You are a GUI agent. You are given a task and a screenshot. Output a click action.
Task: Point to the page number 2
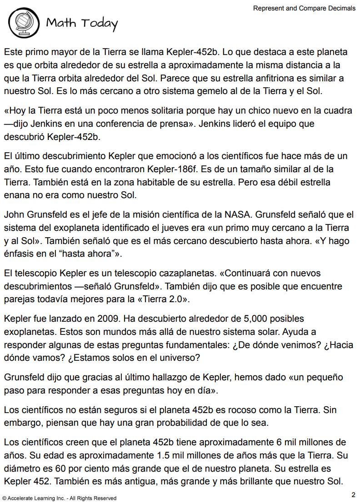point(353,494)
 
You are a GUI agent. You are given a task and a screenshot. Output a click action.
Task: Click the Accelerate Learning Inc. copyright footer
point(59,498)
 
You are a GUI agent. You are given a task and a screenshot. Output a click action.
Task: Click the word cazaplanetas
point(175,273)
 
